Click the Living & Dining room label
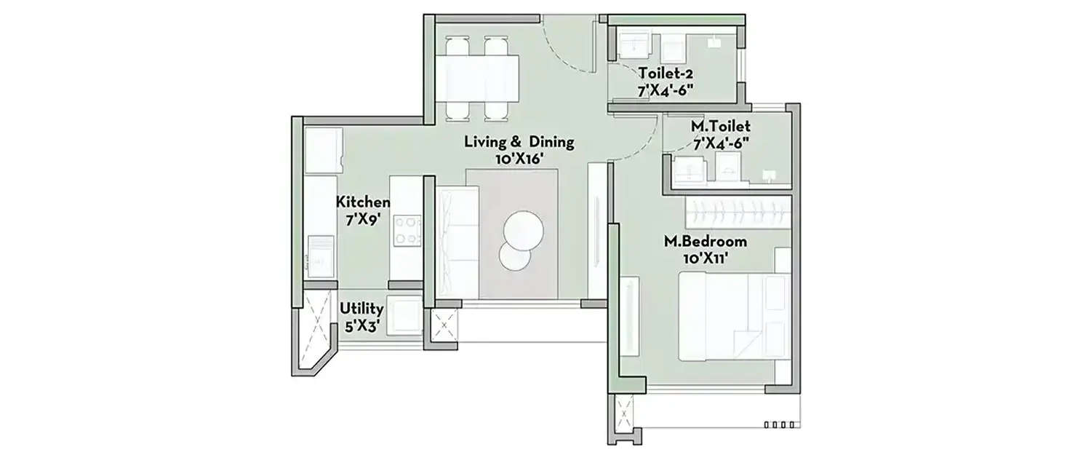(519, 142)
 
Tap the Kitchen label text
(363, 202)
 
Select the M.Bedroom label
(705, 242)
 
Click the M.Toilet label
(721, 127)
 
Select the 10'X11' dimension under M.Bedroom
(705, 257)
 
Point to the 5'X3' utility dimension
(361, 326)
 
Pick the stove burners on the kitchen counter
(407, 231)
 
